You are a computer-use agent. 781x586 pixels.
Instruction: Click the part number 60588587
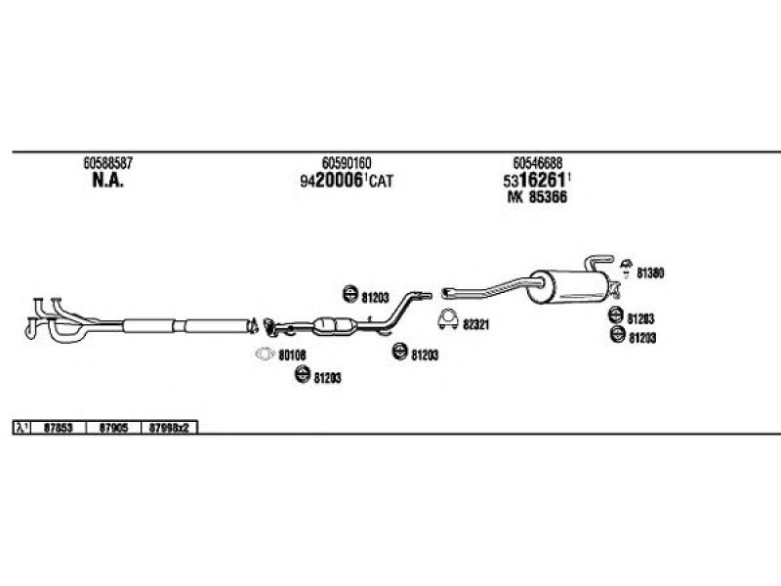(107, 163)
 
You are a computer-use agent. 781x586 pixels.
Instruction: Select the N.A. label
(107, 181)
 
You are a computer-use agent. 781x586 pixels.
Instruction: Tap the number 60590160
(347, 163)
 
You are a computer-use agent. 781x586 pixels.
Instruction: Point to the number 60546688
(537, 163)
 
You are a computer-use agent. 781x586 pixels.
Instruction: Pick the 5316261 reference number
(537, 181)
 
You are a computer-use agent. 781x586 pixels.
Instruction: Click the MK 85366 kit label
(537, 197)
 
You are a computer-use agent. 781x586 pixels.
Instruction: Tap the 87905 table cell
(115, 427)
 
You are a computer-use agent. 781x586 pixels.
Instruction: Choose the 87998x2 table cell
(173, 427)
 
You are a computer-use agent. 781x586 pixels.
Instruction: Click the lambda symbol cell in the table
(22, 427)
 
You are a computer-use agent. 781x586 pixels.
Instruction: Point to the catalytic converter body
(332, 325)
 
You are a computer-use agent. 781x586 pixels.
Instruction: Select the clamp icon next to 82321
(448, 317)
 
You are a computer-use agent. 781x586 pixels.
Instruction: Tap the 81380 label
(650, 274)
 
